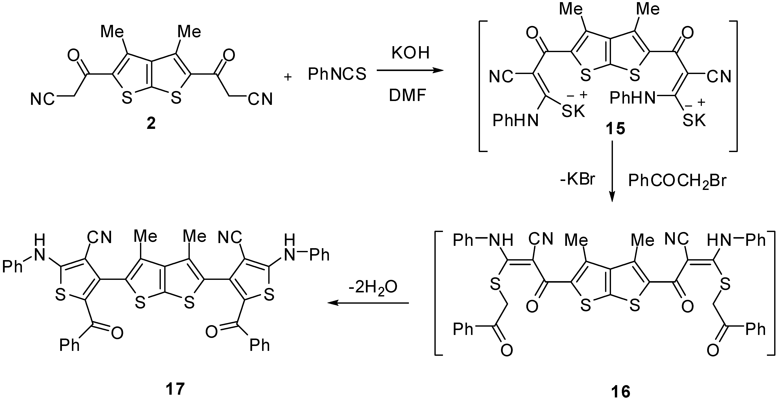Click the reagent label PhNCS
pyautogui.click(x=337, y=74)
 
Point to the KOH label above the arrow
pyautogui.click(x=410, y=53)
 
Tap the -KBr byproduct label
pyautogui.click(x=577, y=179)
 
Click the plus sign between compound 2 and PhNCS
pyautogui.click(x=288, y=77)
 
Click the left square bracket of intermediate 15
pyautogui.click(x=482, y=86)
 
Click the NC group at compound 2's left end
pyautogui.click(x=43, y=99)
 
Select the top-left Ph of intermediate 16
pyautogui.click(x=463, y=241)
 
